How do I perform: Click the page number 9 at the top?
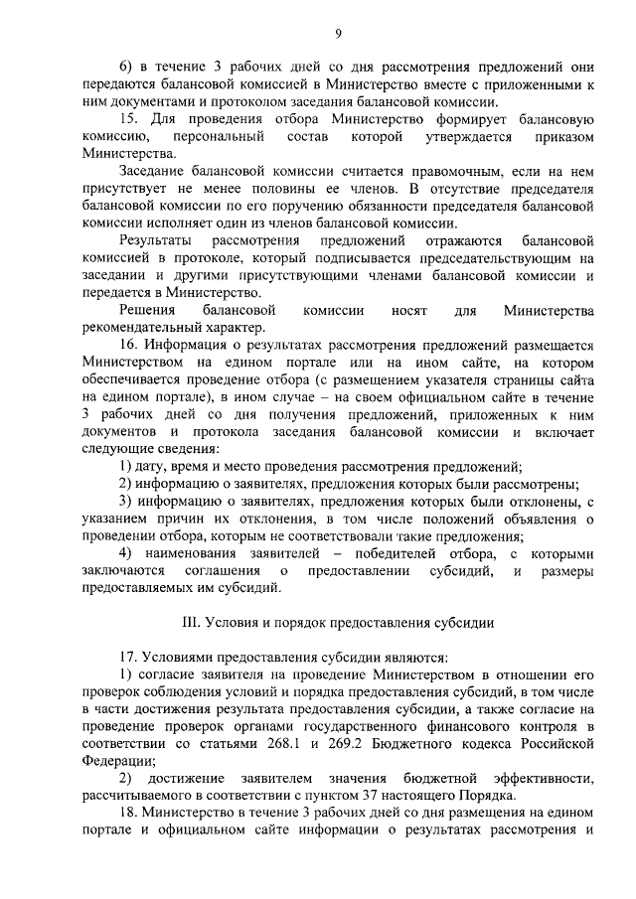337,35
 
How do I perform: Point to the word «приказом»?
556,135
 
